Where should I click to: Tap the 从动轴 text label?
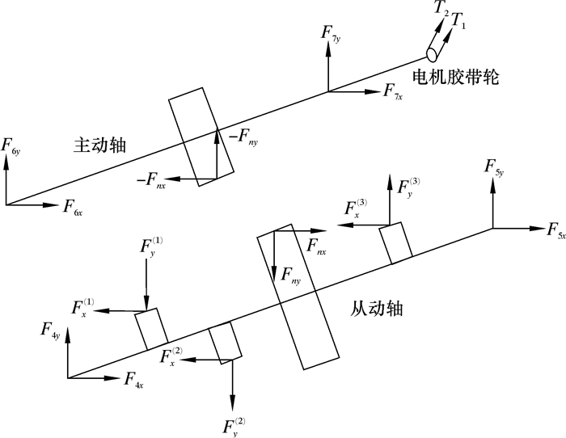click(x=378, y=308)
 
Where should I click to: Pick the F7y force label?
click(x=332, y=33)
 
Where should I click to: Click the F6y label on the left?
click(x=11, y=148)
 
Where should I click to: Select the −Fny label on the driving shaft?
click(x=243, y=140)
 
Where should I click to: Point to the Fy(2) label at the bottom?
click(x=234, y=425)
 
